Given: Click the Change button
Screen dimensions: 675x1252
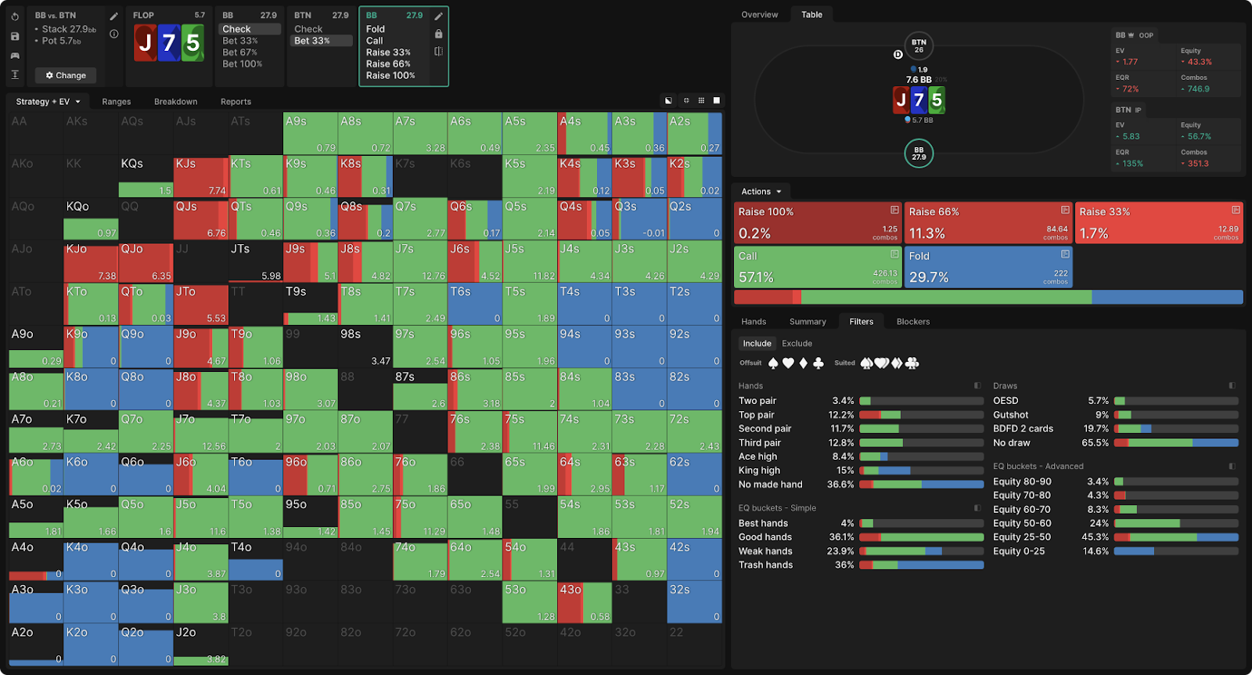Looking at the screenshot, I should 66,75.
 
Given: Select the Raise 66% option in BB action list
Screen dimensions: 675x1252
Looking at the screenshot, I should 388,64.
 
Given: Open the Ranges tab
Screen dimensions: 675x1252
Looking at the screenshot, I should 116,102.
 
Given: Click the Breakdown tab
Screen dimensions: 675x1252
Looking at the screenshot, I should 175,102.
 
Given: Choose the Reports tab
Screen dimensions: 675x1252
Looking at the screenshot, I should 236,102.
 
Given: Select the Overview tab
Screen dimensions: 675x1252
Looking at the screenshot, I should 759,15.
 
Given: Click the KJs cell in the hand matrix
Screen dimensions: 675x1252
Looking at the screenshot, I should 200,176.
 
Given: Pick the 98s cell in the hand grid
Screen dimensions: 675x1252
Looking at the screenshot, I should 365,346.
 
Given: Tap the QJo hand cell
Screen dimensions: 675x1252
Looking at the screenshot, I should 146,262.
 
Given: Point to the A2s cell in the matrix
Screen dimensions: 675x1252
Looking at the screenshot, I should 694,133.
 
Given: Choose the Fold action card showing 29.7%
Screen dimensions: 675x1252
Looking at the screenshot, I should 988,267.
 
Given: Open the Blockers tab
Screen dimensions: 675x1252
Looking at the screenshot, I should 912,322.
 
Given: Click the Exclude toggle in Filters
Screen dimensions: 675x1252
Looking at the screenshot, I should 797,344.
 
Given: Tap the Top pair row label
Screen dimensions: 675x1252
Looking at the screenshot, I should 757,415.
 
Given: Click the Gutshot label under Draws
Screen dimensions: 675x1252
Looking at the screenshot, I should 1011,415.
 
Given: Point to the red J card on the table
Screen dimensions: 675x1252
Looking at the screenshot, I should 901,99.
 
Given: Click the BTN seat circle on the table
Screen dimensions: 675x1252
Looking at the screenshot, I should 919,45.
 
